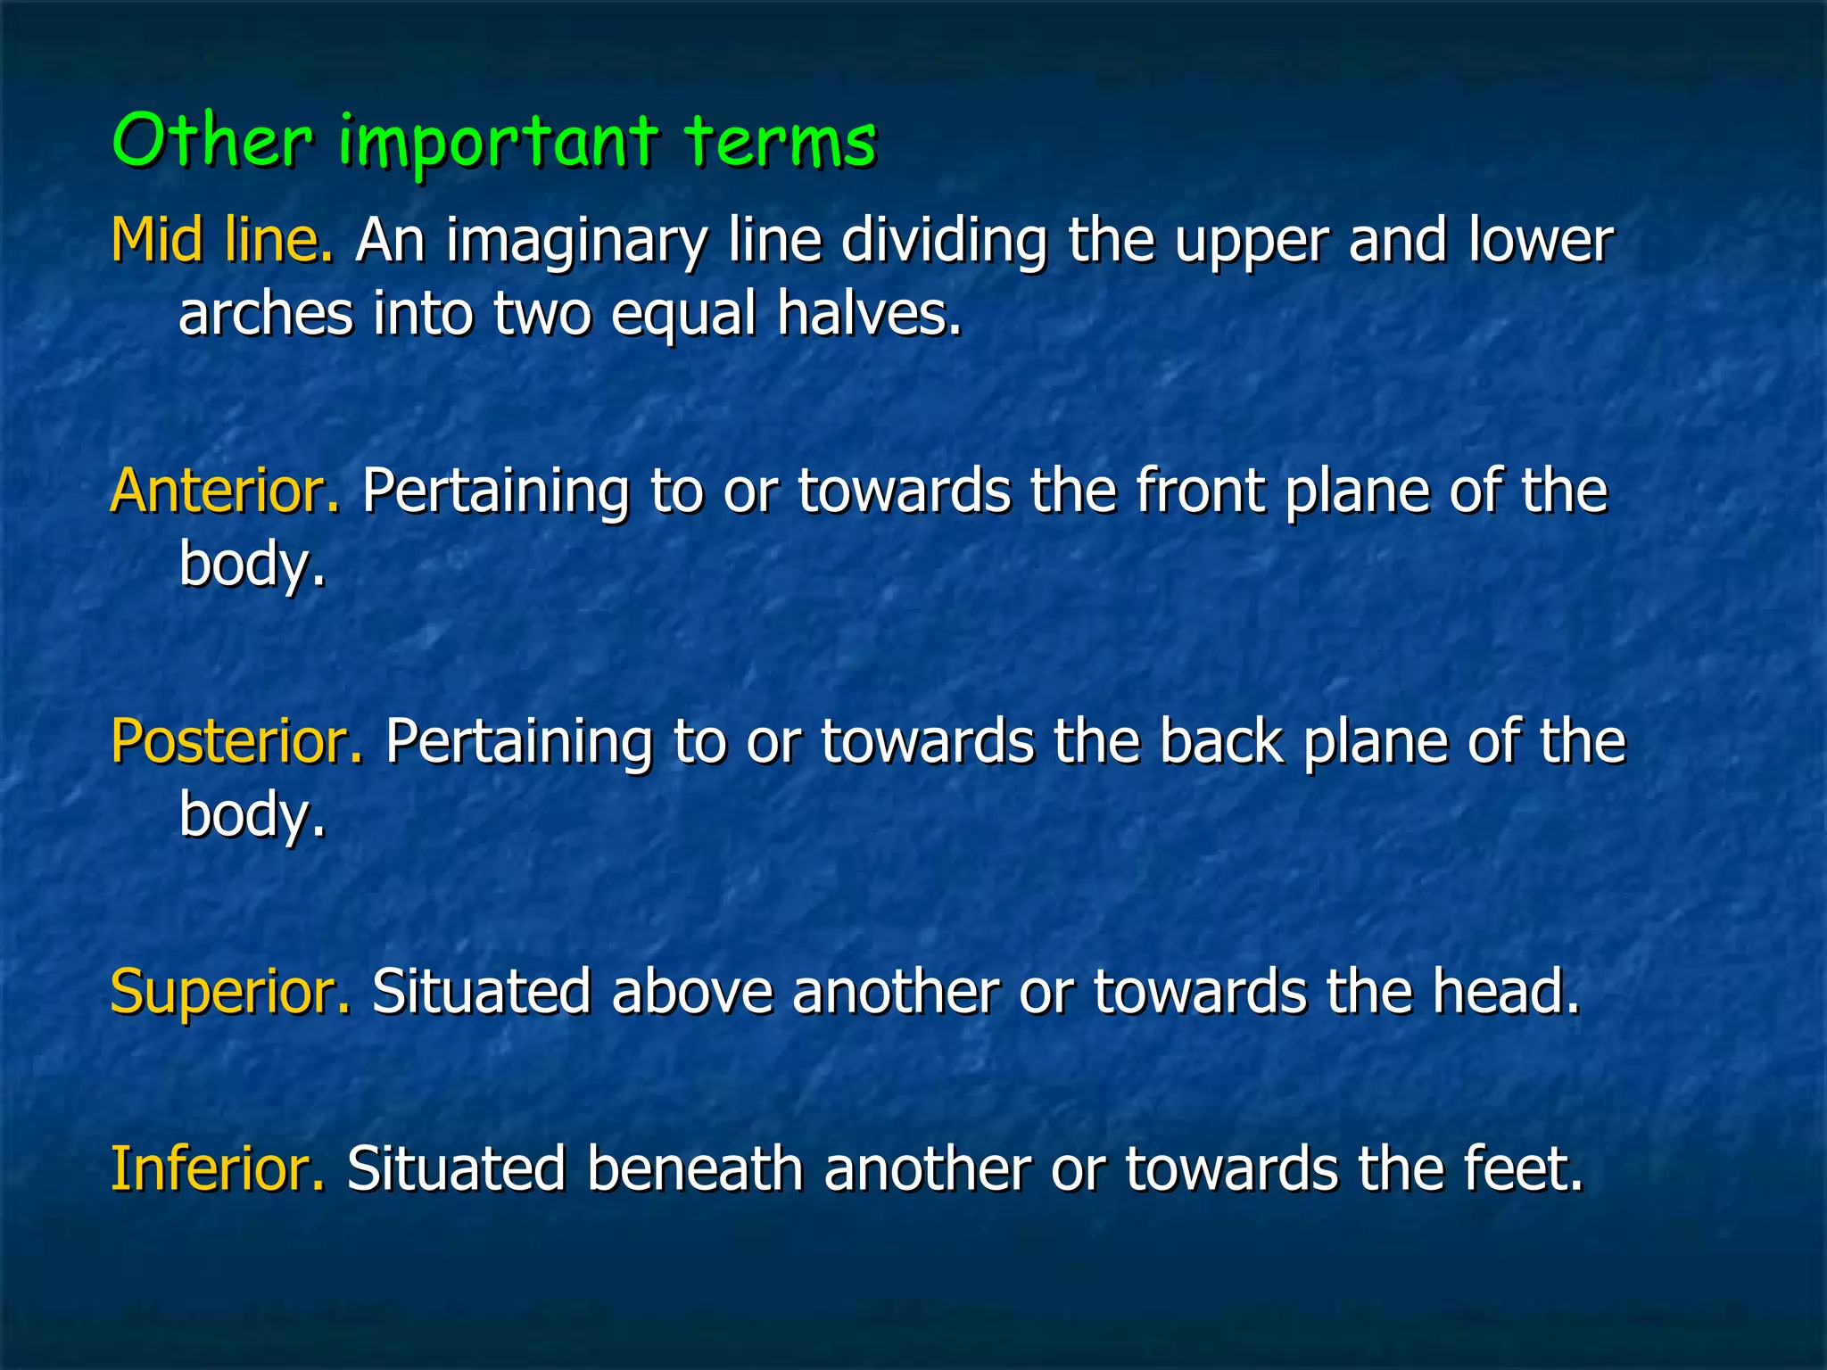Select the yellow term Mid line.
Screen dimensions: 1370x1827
click(x=222, y=241)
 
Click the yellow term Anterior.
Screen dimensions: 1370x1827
click(x=225, y=491)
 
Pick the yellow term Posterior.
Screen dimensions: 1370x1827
click(x=236, y=742)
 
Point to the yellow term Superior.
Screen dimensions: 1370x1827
click(x=230, y=992)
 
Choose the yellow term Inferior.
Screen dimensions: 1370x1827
click(x=218, y=1168)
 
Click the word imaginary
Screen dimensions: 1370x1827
click(x=576, y=243)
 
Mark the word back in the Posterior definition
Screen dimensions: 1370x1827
click(x=1219, y=742)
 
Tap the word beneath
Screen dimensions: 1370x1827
click(x=695, y=1168)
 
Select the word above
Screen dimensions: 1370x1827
click(x=692, y=992)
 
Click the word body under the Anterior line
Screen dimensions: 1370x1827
click(x=252, y=565)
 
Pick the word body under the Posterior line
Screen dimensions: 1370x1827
click(x=252, y=816)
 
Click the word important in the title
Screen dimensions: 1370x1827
click(x=498, y=143)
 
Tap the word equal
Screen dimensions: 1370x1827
click(x=683, y=316)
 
